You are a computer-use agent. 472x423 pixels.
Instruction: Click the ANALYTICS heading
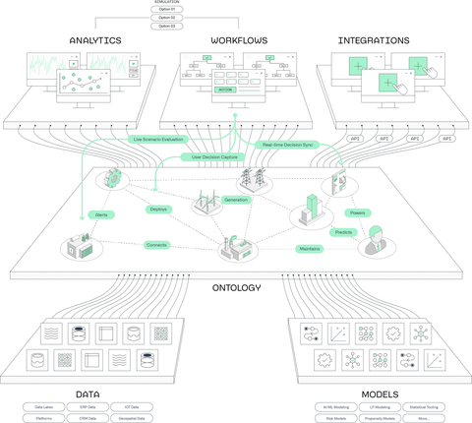[95, 41]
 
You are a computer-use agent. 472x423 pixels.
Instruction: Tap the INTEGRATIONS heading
[374, 41]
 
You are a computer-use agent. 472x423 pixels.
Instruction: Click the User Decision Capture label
[218, 157]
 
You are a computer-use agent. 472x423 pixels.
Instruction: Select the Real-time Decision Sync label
[287, 145]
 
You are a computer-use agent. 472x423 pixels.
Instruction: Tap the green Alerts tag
[100, 213]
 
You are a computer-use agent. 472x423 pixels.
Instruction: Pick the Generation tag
[236, 200]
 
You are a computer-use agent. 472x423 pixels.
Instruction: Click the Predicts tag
[344, 232]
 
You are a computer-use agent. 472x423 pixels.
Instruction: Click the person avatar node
[373, 239]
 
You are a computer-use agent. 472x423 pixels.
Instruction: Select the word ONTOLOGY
[235, 288]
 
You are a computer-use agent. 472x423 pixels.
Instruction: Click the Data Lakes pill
[46, 405]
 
